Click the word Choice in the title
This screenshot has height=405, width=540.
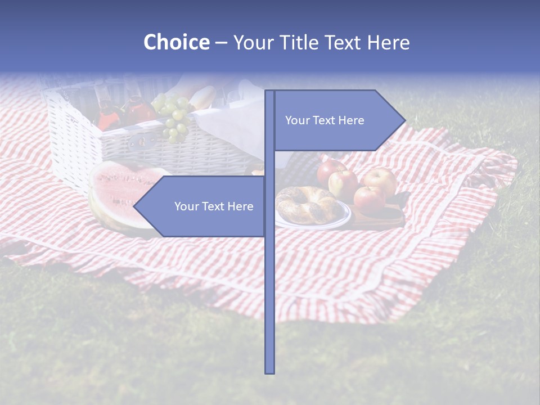point(176,43)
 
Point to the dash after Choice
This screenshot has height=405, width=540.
point(221,43)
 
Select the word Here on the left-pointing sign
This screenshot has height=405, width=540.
point(240,206)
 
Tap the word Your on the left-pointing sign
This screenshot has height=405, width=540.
point(186,206)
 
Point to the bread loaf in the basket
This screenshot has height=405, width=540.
point(202,98)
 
